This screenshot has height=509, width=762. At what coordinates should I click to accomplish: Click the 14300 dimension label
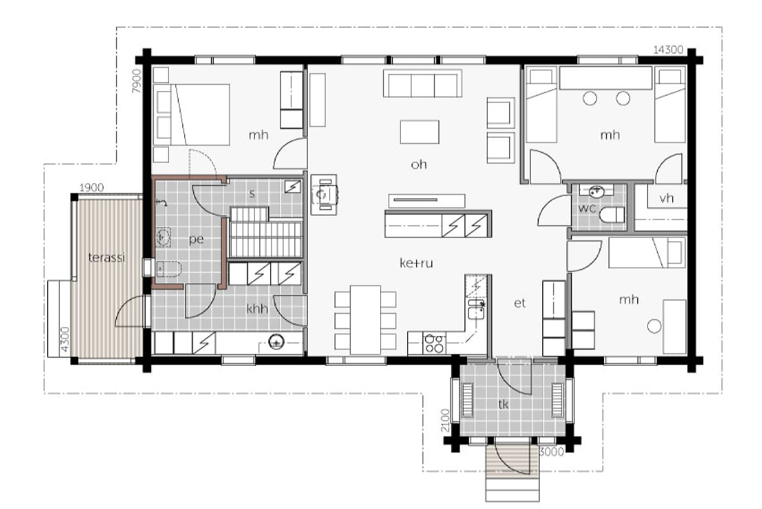(x=668, y=50)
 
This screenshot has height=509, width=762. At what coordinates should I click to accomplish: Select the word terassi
(x=107, y=257)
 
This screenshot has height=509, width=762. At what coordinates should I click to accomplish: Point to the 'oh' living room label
(x=419, y=165)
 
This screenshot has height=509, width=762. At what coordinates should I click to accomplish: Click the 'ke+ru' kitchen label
(x=416, y=263)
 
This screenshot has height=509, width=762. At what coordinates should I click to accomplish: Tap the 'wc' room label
(x=587, y=209)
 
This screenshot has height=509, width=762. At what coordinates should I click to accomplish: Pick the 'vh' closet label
(x=666, y=198)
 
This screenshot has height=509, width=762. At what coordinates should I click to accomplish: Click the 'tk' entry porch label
(x=503, y=404)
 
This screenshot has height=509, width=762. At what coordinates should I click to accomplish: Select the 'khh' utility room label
(x=257, y=308)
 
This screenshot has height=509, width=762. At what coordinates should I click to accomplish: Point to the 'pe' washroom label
(x=196, y=240)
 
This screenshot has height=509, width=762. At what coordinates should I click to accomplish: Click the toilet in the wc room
(x=612, y=214)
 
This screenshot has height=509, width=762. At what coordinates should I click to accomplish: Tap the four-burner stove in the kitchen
(x=434, y=343)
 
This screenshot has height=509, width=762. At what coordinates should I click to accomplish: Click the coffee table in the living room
(x=419, y=132)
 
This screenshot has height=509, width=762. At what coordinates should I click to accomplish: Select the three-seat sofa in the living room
(x=422, y=83)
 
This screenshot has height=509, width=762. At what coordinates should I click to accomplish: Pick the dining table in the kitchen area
(x=366, y=320)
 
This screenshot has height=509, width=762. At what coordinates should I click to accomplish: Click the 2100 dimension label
(x=445, y=420)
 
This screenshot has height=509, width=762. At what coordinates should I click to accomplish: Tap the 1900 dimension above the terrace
(x=91, y=187)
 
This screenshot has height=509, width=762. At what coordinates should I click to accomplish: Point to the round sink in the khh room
(x=277, y=342)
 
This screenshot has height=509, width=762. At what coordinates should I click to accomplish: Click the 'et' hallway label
(x=519, y=303)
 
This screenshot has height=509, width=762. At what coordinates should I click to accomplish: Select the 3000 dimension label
(x=552, y=452)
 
